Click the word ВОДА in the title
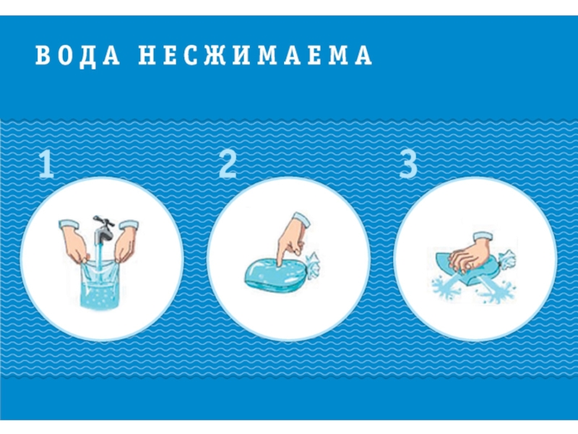pos(78,56)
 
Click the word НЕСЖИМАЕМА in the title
pos(255,56)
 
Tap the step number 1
pos(46,165)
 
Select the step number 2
pos(227,165)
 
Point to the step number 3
pos(408,165)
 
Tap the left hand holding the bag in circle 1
pos(74,240)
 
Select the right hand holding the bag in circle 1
pos(126,240)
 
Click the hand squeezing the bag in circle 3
pos(470,255)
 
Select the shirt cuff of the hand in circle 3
pos(483,237)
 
